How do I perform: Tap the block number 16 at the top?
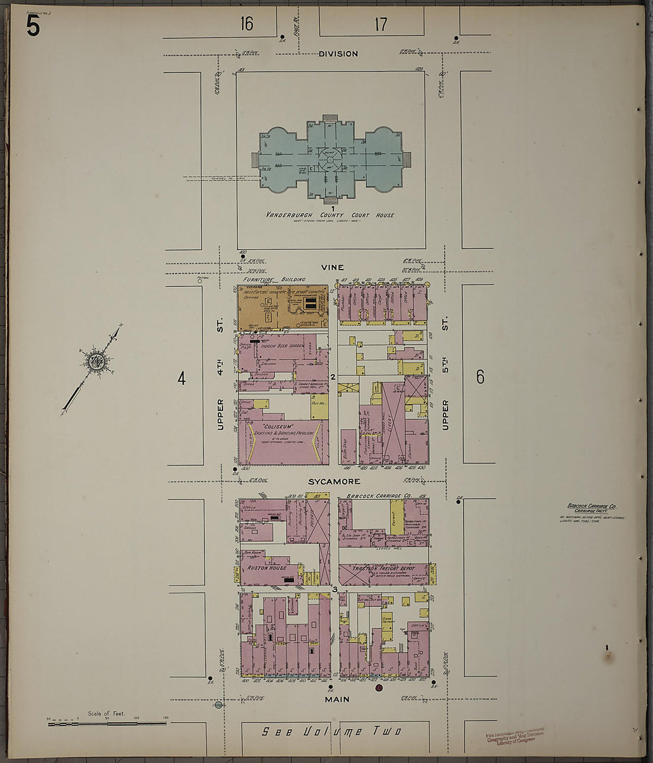247,24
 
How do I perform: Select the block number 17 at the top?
381,24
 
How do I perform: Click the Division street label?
338,54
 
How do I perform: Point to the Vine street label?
332,268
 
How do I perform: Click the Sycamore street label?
334,482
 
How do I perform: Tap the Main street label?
337,699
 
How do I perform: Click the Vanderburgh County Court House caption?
330,215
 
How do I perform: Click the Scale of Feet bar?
107,723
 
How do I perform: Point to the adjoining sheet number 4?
182,378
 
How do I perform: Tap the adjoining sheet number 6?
480,376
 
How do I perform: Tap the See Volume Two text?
332,732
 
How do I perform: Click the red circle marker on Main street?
379,688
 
